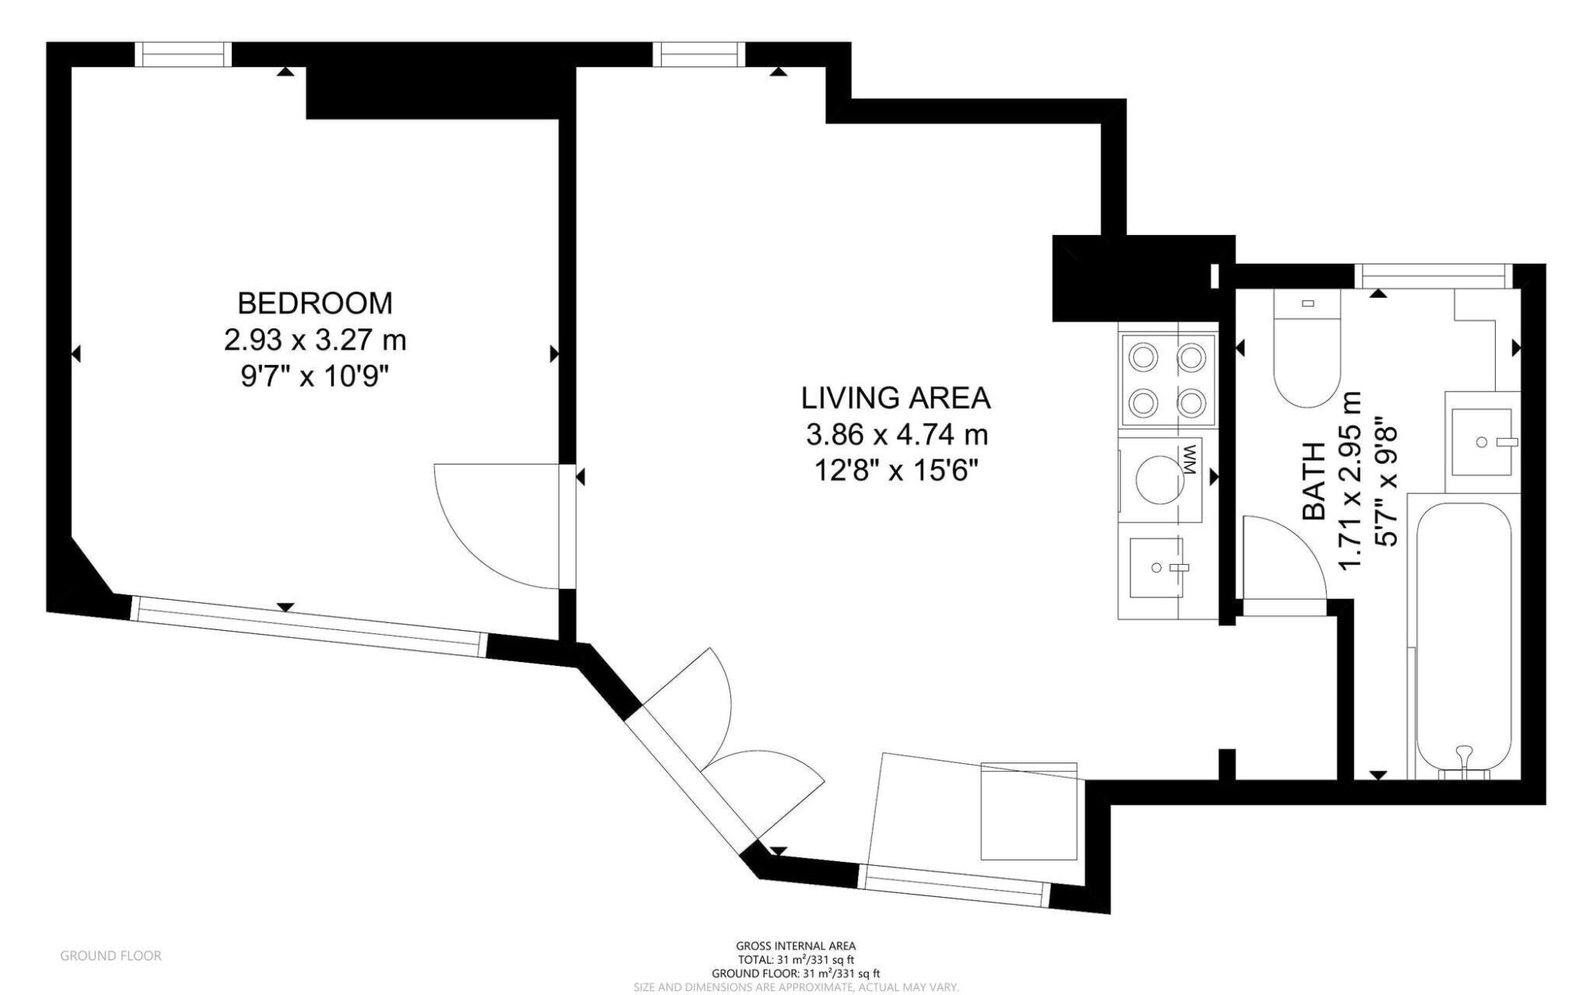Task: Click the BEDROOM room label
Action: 315,303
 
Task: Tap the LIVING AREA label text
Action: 896,398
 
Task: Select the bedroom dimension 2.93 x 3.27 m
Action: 315,340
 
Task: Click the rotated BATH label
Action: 1314,482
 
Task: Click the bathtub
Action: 1464,637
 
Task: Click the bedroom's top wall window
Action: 183,54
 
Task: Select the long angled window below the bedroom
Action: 308,626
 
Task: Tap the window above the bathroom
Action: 1434,276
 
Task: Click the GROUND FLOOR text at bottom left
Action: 111,956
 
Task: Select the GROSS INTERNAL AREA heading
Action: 796,946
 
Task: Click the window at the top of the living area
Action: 699,54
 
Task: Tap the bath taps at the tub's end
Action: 1464,761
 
